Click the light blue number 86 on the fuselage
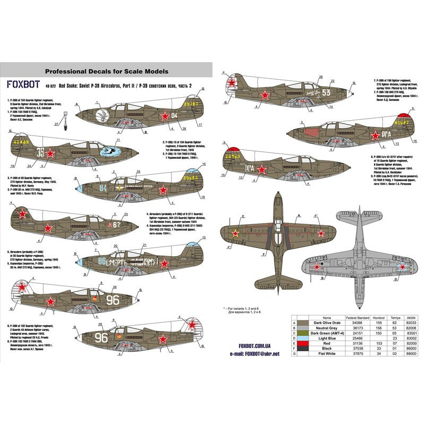click(103, 261)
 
